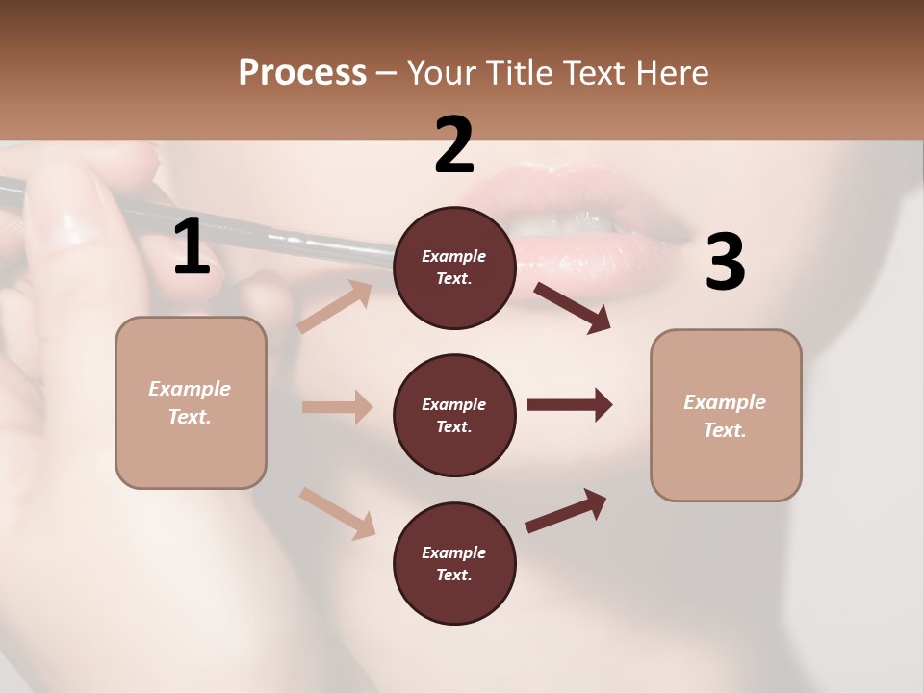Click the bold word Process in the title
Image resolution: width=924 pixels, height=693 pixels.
tap(302, 72)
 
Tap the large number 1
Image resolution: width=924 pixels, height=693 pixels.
tap(192, 246)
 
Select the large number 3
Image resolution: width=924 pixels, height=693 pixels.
tap(725, 262)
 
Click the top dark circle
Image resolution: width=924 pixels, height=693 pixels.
tap(454, 268)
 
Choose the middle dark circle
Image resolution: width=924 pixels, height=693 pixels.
tap(454, 415)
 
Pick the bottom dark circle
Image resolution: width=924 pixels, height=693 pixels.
tap(454, 563)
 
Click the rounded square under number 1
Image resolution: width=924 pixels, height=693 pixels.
tap(191, 402)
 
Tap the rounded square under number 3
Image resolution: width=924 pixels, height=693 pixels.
tap(726, 416)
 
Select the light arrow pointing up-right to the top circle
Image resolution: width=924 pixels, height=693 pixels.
tap(335, 307)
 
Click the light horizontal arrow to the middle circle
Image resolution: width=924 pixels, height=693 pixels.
tap(337, 407)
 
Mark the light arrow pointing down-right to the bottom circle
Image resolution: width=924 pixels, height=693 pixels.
tap(337, 512)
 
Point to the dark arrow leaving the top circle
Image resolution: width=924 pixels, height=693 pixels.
tap(572, 307)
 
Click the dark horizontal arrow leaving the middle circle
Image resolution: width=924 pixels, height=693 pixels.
tap(569, 405)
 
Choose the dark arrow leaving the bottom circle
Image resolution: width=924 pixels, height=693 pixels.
tap(566, 510)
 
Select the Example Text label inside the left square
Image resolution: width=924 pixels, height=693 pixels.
tap(190, 402)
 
